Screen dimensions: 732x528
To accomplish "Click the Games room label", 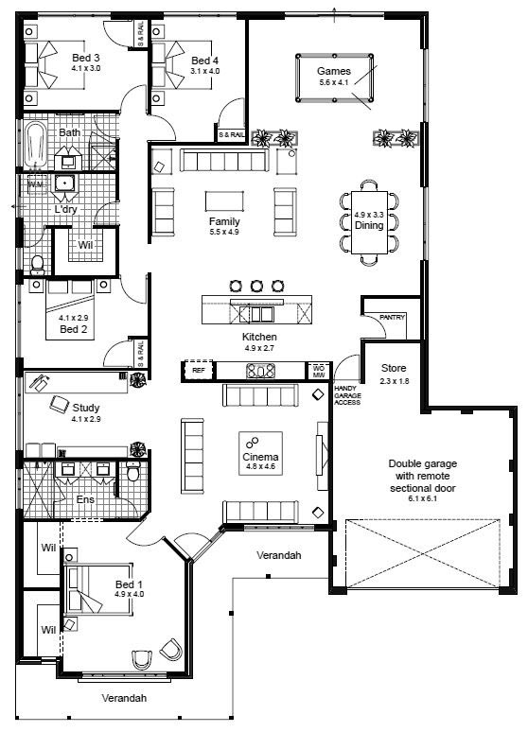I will click(333, 71).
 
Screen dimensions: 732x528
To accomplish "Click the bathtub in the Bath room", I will click(35, 145).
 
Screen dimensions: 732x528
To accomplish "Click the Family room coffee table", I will click(224, 200).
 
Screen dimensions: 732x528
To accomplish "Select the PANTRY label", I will click(392, 318).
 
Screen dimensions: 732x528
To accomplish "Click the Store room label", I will click(393, 367).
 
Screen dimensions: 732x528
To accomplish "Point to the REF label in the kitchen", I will click(199, 371).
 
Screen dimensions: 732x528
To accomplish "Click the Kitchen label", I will click(258, 337).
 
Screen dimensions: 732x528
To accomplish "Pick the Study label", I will click(86, 408).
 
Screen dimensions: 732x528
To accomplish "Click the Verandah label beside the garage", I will click(278, 555).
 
